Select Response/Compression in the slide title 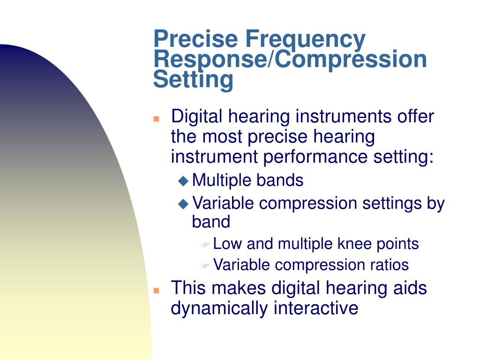290,60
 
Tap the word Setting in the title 193,80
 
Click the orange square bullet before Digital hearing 157,119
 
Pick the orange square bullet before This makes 157,290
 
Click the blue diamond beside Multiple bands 183,180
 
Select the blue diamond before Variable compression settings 183,203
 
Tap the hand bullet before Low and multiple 205,245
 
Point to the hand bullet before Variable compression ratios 205,265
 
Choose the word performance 315,157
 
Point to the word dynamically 219,308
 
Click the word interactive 316,308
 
